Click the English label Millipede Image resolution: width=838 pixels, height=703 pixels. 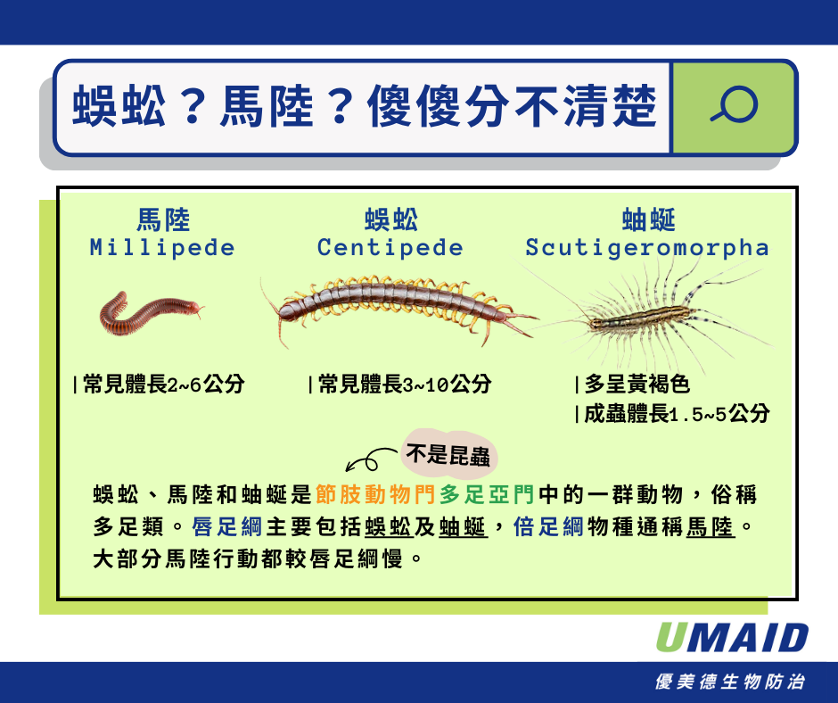162,248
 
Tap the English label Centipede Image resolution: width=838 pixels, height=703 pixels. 390,248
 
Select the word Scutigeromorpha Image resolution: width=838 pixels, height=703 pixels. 646,248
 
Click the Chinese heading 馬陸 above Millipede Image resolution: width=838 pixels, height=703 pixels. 162,219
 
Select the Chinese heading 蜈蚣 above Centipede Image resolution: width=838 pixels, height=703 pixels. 390,219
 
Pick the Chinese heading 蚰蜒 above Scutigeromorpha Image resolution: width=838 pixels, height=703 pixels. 647,219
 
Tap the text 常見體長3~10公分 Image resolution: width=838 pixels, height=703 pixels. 404,385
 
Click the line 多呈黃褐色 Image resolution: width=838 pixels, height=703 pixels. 636,385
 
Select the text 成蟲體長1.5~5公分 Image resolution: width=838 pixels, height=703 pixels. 676,414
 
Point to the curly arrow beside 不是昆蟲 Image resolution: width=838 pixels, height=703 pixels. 368,459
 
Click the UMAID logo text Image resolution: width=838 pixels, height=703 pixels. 732,638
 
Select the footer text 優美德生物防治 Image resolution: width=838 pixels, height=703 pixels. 730,682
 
